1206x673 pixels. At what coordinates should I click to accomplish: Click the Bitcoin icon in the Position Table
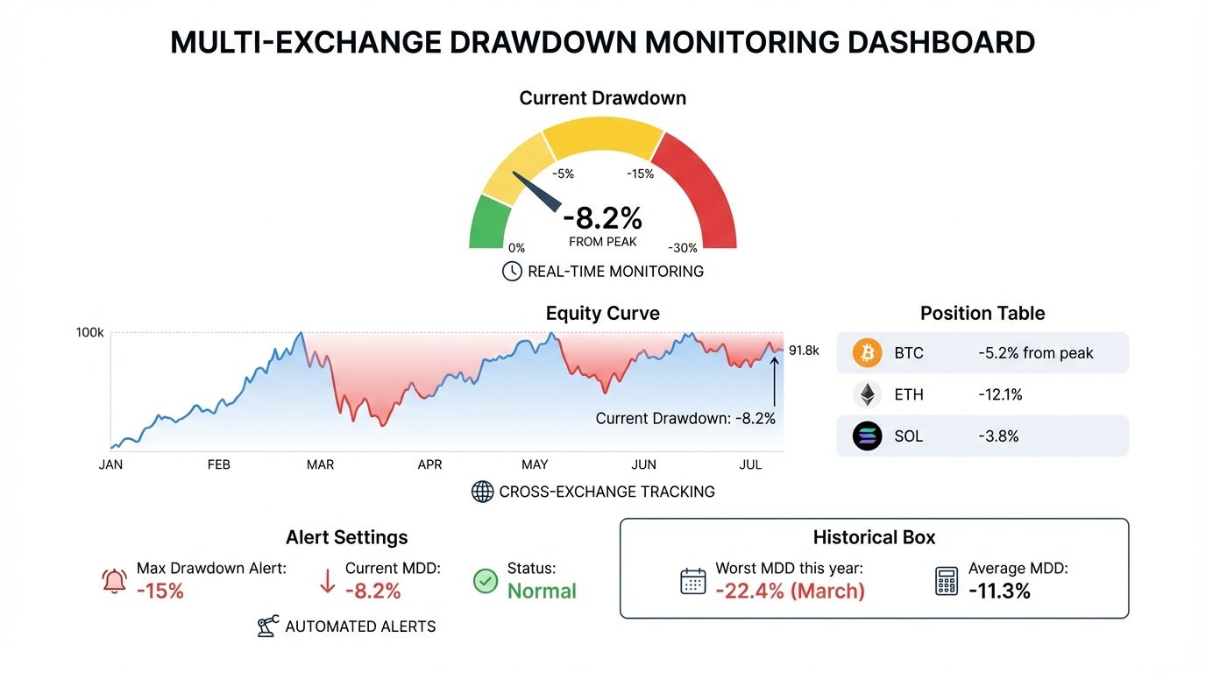point(867,353)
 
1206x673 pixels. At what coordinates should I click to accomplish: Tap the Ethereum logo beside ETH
point(867,394)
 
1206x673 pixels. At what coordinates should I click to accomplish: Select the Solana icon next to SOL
point(867,436)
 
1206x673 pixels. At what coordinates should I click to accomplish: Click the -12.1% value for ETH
point(1000,394)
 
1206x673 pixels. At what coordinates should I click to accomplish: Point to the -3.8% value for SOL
point(998,436)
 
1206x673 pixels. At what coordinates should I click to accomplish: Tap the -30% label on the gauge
point(683,248)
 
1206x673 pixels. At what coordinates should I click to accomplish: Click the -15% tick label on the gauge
point(640,174)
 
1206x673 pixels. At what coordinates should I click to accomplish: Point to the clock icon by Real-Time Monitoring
point(512,272)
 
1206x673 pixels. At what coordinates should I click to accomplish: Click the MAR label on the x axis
point(320,464)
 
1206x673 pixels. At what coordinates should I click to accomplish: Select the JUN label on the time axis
point(643,464)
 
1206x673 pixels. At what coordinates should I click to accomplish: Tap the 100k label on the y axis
point(90,333)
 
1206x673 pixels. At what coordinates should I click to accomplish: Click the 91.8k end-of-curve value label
point(804,351)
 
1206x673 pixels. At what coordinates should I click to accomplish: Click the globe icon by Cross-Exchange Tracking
point(483,492)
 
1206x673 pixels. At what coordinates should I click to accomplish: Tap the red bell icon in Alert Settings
point(115,581)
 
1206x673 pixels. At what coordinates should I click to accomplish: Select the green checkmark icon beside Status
point(486,581)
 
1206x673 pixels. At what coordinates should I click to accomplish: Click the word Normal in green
point(542,592)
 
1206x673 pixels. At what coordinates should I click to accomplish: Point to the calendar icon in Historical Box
point(693,581)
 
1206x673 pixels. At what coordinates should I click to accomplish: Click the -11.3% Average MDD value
point(999,592)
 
